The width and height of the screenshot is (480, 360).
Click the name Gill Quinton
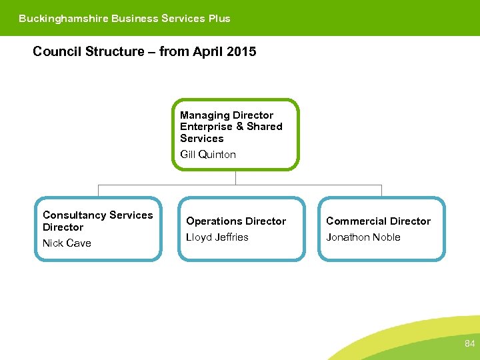(x=208, y=155)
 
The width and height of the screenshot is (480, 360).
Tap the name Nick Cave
(x=67, y=243)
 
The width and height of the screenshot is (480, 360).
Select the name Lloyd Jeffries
(x=217, y=237)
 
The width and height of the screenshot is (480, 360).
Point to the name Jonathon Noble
(x=363, y=237)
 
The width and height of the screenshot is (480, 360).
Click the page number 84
(x=470, y=344)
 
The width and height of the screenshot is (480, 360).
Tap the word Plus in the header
(x=219, y=19)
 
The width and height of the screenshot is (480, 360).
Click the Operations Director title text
(x=236, y=221)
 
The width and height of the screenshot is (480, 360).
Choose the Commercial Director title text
(x=378, y=221)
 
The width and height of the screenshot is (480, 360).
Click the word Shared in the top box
(x=265, y=127)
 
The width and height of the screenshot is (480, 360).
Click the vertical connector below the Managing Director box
(x=235, y=177)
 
